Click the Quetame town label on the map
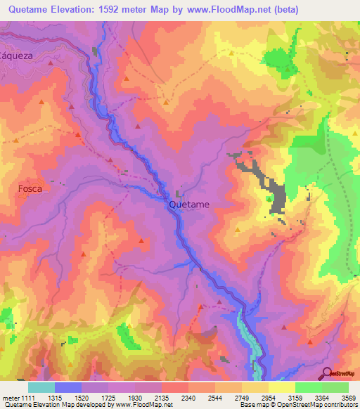[188, 204]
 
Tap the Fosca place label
[30, 189]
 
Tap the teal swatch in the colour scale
[41, 387]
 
